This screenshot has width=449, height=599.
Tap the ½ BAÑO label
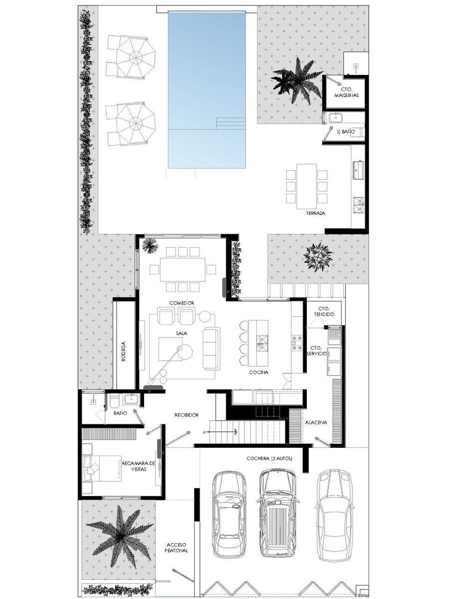(346, 132)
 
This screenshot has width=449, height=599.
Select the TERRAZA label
(315, 213)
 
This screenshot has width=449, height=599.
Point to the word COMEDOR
(182, 303)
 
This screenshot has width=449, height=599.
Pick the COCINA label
(259, 372)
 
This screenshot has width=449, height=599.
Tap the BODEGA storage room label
(124, 351)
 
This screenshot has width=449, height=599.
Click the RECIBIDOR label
(187, 415)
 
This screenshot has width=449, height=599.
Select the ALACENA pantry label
(316, 422)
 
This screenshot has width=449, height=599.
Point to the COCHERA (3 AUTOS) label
(269, 459)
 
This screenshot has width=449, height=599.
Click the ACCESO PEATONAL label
(177, 539)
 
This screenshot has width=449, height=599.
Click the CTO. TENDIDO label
(324, 311)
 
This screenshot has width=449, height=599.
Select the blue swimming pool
(207, 90)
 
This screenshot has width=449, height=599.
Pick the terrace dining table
(307, 186)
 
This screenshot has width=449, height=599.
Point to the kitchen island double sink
(262, 343)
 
